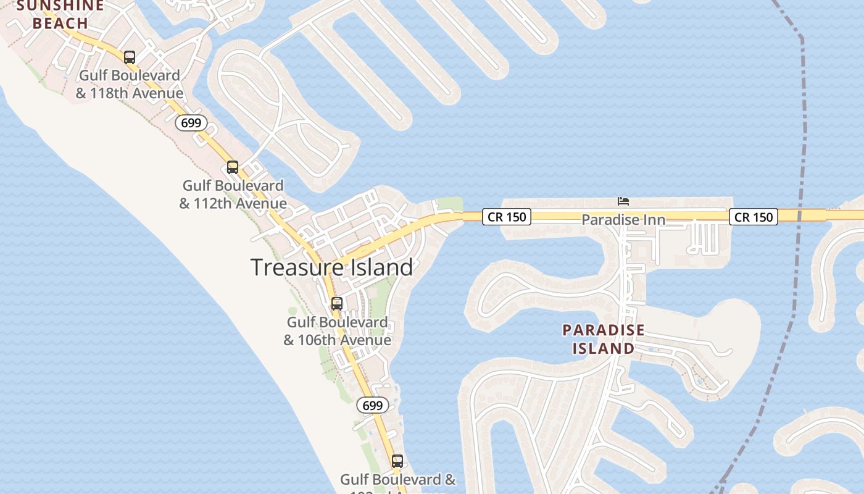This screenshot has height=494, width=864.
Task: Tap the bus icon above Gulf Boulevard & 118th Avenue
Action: click(x=130, y=57)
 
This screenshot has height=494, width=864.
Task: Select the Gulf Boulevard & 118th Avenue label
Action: click(x=130, y=85)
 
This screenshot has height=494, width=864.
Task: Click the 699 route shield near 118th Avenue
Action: click(x=191, y=123)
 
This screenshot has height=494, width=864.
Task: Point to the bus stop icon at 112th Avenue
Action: click(x=233, y=167)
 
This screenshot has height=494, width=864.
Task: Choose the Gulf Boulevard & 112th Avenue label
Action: click(x=233, y=195)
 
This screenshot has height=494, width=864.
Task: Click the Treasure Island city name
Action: click(x=332, y=267)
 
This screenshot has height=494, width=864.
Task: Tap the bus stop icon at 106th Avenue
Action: click(x=337, y=304)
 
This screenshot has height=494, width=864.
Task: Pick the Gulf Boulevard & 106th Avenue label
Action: click(x=338, y=331)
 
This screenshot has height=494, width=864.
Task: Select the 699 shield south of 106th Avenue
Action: click(x=373, y=406)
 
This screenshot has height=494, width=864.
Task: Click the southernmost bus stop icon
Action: click(x=397, y=461)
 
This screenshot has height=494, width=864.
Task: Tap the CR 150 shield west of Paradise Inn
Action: click(x=507, y=217)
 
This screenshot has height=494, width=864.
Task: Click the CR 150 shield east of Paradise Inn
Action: click(x=754, y=217)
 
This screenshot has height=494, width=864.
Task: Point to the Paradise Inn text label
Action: click(x=623, y=220)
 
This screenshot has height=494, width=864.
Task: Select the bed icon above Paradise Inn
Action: click(x=623, y=201)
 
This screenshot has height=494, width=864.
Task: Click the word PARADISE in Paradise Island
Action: click(x=604, y=330)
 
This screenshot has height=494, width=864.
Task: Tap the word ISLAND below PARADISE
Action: click(x=604, y=349)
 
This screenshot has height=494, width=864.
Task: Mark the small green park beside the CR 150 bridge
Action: click(x=450, y=204)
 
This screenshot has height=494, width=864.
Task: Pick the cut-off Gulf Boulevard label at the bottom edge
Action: click(x=398, y=480)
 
